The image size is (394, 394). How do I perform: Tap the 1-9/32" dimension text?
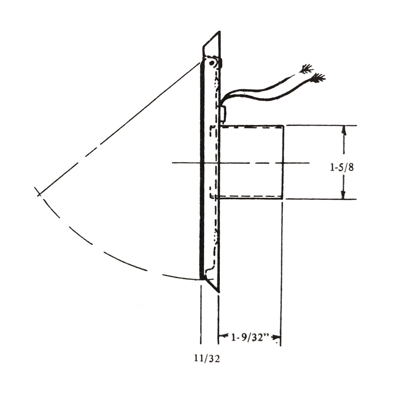(x=249, y=338)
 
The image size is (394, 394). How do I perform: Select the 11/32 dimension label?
(x=207, y=359)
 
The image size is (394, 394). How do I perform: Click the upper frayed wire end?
(x=306, y=69)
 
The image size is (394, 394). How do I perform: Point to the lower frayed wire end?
(x=318, y=78)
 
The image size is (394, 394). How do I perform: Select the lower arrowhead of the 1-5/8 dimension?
(x=344, y=195)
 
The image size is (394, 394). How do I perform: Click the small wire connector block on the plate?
(x=222, y=114)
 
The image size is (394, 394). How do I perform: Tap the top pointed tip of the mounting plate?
(x=219, y=32)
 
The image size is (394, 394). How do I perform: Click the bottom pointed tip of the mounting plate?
(x=218, y=292)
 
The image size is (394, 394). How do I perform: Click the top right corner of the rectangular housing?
(x=284, y=126)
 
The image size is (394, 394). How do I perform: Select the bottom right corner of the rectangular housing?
(x=283, y=199)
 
